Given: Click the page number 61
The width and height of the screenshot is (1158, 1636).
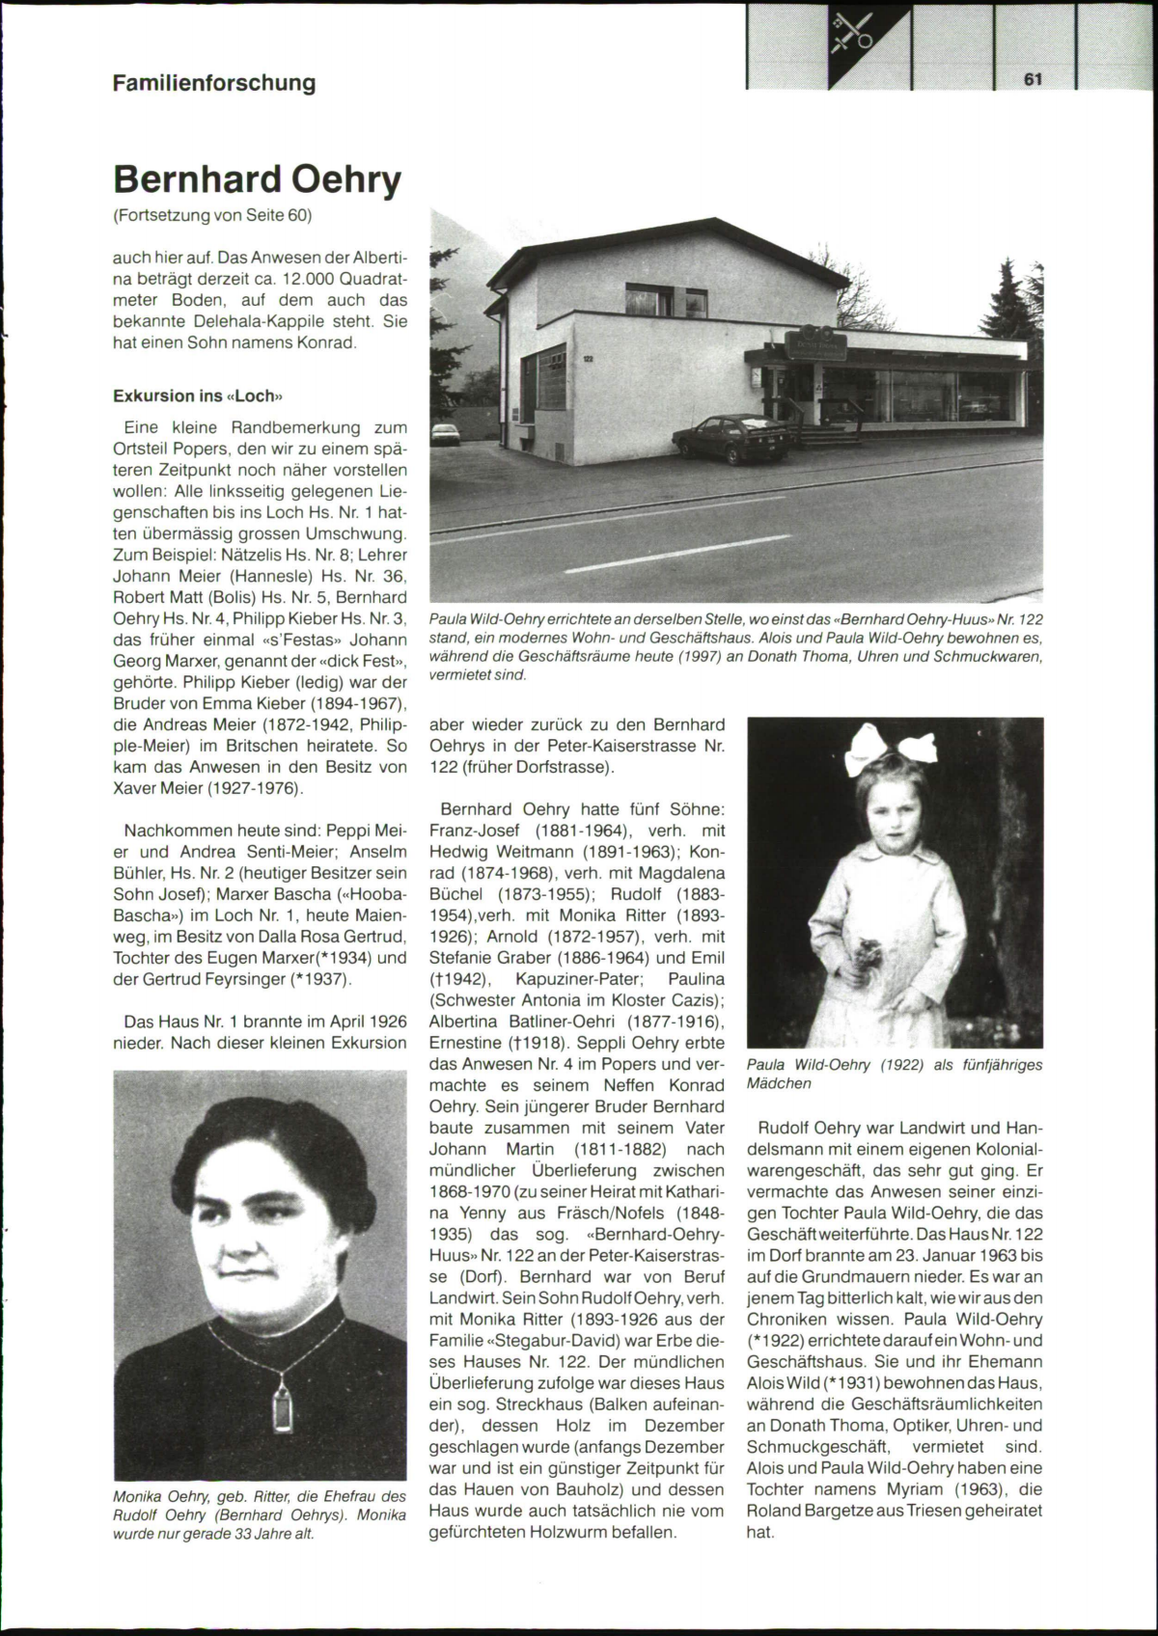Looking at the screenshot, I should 1034,80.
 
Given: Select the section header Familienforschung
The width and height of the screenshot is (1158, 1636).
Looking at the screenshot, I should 214,83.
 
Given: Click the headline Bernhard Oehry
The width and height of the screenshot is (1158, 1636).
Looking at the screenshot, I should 257,179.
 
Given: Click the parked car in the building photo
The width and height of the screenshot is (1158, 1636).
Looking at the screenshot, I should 733,439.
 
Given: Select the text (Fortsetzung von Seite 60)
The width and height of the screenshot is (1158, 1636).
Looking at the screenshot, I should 212,214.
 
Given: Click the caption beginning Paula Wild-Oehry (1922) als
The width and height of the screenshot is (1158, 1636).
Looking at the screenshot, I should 895,1074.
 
